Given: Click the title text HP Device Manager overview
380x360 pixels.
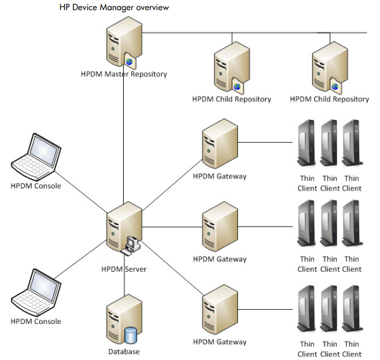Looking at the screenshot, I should [114, 8].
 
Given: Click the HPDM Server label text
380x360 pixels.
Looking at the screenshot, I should [124, 269].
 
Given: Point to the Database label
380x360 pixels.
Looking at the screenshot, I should [124, 351].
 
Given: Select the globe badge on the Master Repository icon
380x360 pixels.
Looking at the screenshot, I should [130, 62].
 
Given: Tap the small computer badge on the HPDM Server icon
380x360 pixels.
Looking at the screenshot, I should [133, 242].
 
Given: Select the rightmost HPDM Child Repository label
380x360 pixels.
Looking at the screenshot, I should [329, 99].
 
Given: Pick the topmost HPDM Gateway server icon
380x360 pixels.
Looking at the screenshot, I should [220, 148].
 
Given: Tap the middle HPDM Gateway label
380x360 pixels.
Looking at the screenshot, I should [219, 259].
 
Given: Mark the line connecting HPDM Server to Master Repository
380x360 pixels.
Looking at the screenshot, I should [124, 140].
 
